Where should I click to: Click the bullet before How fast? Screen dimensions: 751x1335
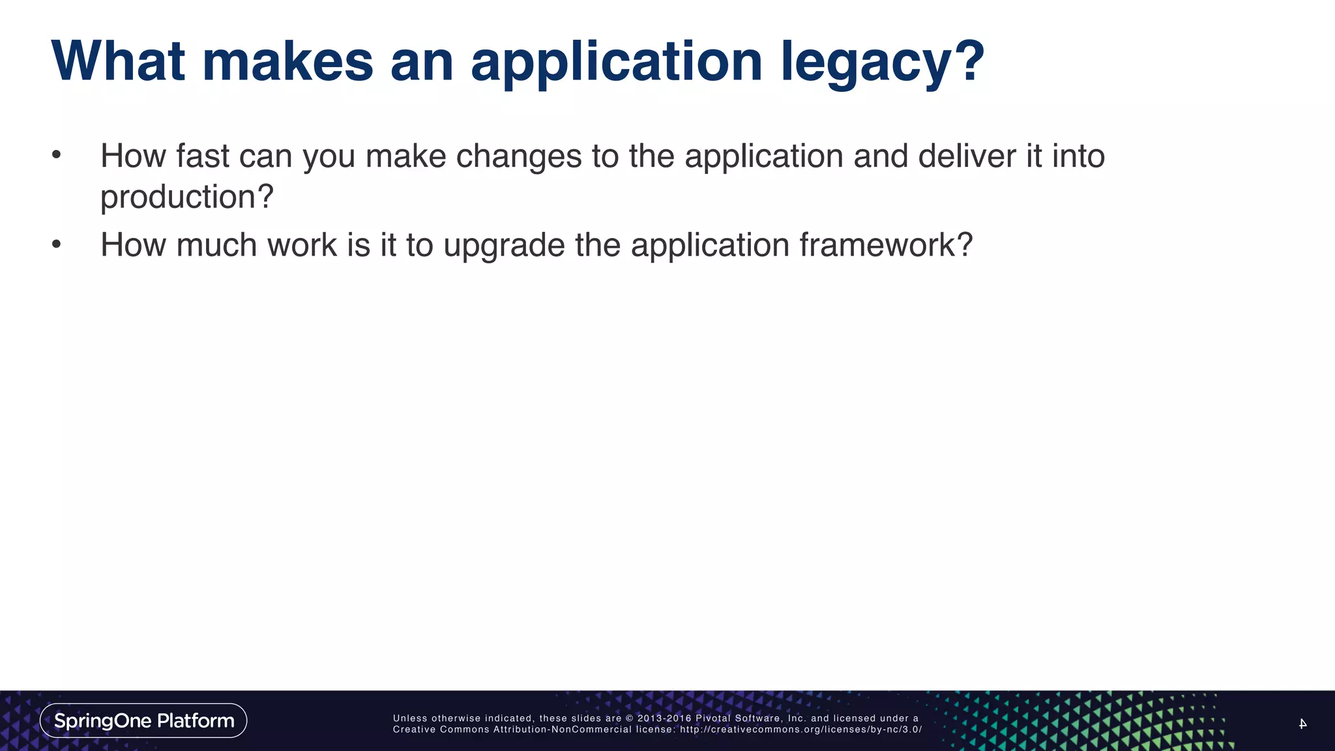click(57, 155)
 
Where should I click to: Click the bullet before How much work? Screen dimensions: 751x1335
click(57, 244)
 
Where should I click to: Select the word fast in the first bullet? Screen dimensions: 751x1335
click(202, 156)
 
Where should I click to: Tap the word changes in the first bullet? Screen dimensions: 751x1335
click(518, 156)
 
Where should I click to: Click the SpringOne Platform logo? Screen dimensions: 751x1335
click(143, 720)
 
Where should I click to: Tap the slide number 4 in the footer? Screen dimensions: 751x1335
click(1302, 724)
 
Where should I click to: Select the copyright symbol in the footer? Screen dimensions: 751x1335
click(630, 718)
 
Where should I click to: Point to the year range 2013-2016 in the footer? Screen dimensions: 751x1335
click(664, 718)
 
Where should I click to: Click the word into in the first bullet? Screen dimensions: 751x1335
click(1078, 156)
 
